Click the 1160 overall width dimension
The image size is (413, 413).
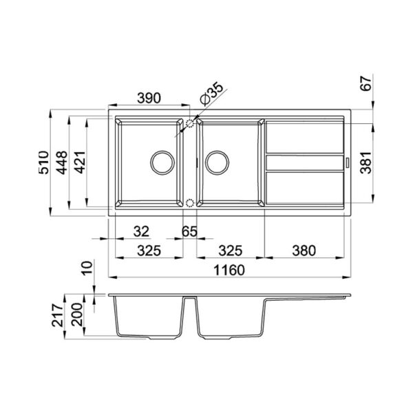[229, 270]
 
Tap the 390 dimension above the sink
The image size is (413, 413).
[149, 98]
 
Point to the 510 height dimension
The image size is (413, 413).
[44, 162]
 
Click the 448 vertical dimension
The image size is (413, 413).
[62, 162]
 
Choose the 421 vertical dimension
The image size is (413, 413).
[80, 162]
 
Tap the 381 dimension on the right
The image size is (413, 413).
[366, 162]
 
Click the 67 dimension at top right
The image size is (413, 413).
[366, 83]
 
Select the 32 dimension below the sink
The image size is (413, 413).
[141, 231]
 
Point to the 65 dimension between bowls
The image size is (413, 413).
[189, 231]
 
